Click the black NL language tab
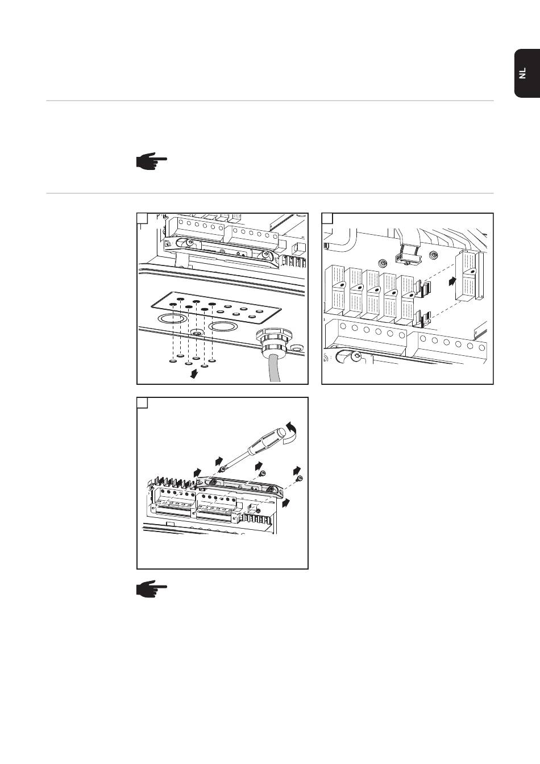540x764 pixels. (527, 73)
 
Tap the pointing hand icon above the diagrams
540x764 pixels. (151, 161)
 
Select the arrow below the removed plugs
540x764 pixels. (194, 375)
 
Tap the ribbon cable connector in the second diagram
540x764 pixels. (408, 255)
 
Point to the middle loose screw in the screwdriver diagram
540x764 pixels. (262, 474)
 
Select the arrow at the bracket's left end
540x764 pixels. (197, 472)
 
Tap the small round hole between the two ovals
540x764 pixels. (197, 331)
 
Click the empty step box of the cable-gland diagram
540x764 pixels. (142, 219)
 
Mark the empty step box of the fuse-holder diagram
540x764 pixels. (327, 219)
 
